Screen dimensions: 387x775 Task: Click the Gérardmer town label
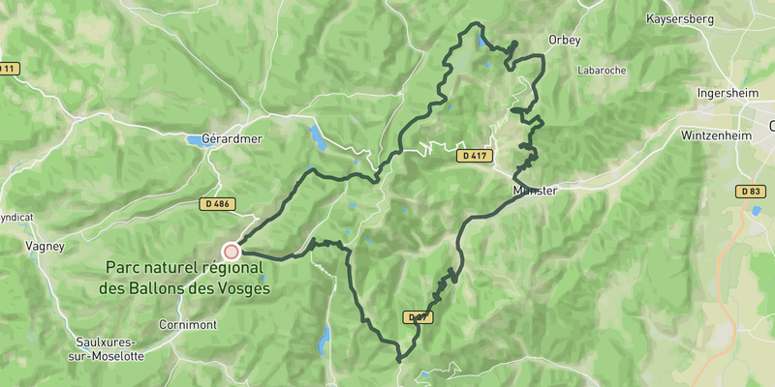232,139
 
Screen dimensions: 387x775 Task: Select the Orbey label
563,41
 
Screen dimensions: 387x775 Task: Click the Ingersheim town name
728,94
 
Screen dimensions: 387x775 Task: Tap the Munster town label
535,191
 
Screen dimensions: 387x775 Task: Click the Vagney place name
46,247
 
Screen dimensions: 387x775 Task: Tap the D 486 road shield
217,204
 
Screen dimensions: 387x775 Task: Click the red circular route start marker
231,252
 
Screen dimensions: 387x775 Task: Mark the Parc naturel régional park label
184,277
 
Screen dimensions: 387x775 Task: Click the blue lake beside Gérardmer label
200,141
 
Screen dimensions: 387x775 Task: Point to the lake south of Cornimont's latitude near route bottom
325,340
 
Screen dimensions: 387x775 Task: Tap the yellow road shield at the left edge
8,69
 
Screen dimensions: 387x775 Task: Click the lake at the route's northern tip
481,41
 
